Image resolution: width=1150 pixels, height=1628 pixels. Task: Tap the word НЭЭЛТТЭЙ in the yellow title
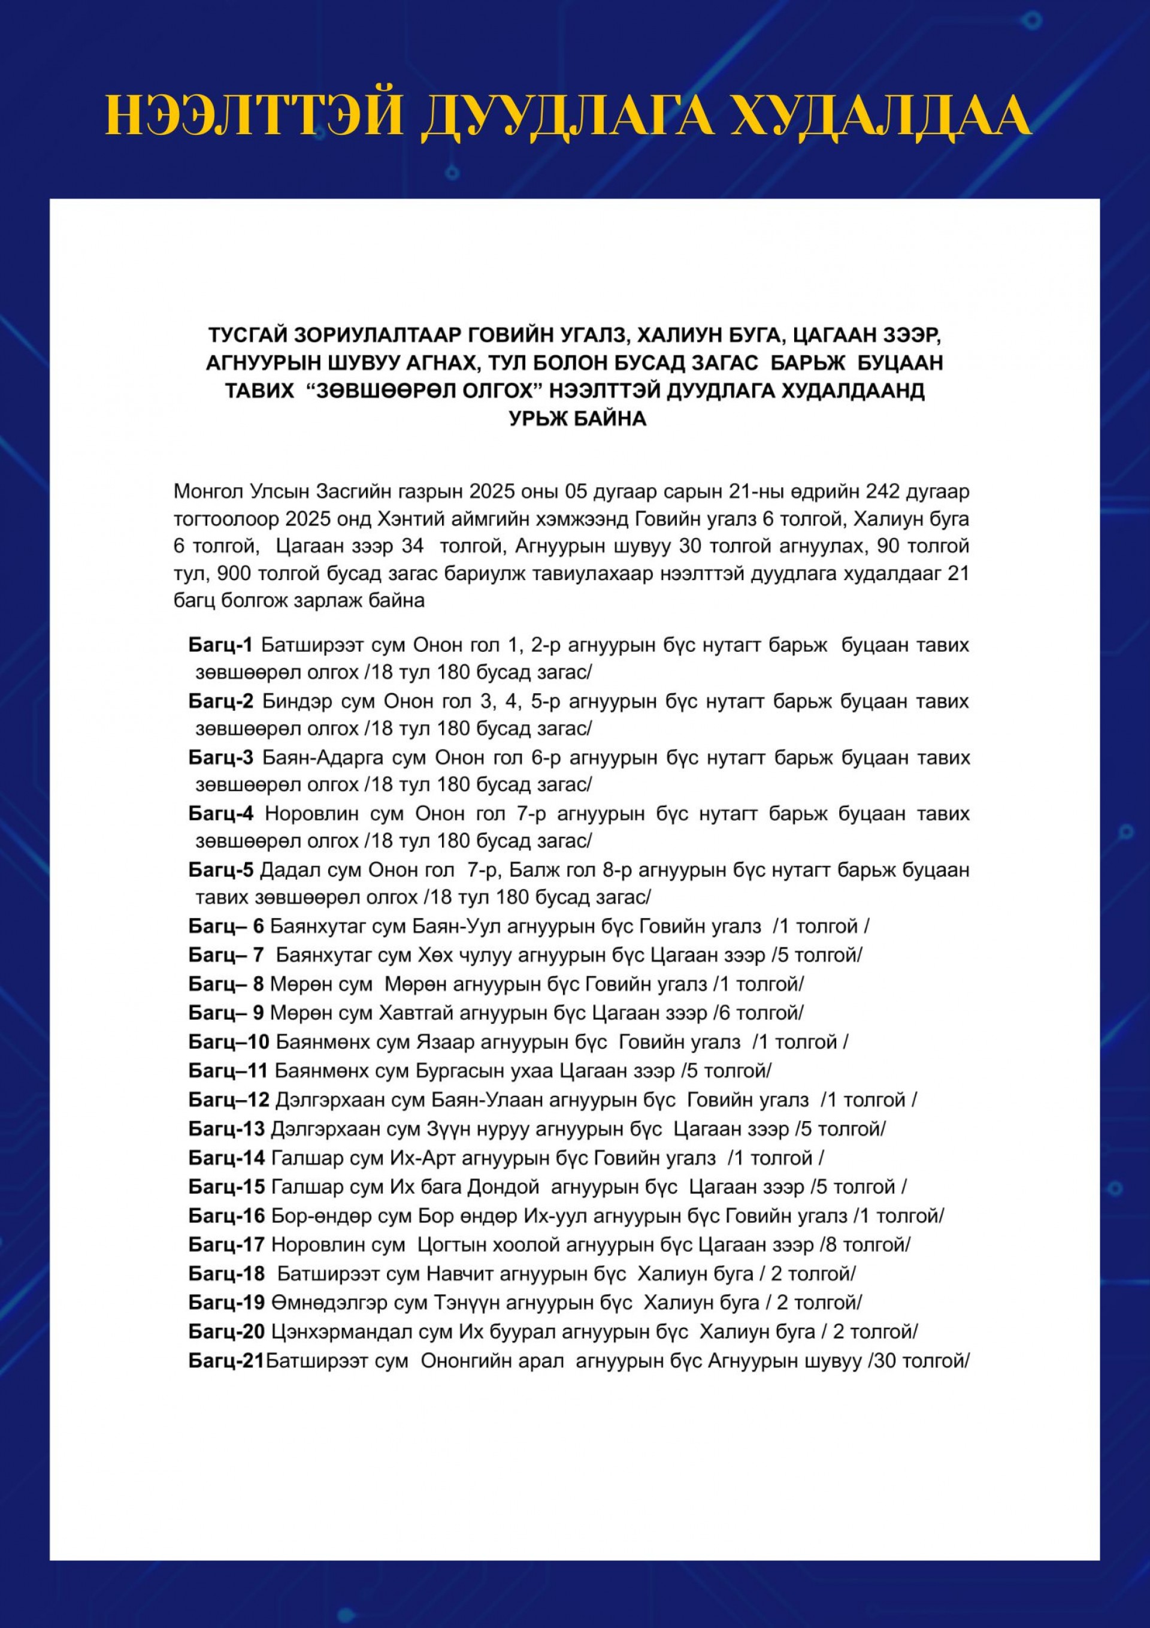(254, 116)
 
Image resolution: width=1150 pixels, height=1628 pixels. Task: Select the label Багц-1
(220, 645)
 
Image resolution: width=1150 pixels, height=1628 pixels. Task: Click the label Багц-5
(220, 869)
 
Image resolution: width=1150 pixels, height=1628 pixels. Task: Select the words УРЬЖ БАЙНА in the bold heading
(577, 418)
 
